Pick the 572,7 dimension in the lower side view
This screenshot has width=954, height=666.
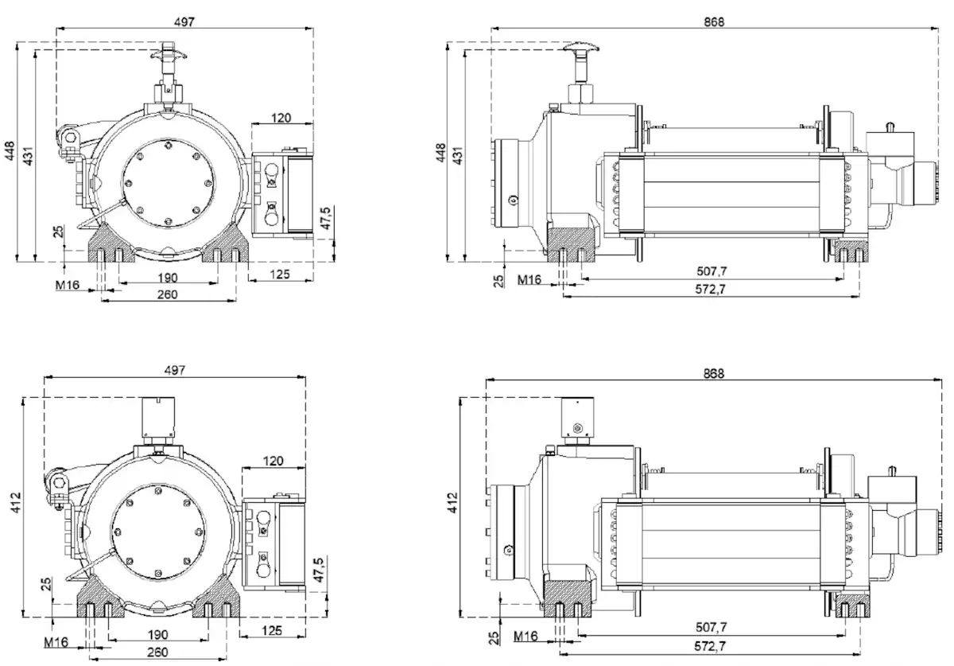click(710, 645)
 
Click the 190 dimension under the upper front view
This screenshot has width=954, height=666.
click(167, 278)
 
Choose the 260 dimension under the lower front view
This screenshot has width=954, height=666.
click(157, 652)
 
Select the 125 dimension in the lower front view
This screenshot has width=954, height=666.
click(271, 631)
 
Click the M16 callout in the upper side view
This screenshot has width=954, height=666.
click(529, 279)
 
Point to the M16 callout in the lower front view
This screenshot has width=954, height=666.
click(56, 642)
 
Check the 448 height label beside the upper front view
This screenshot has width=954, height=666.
click(10, 151)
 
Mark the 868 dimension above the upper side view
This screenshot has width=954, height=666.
click(714, 21)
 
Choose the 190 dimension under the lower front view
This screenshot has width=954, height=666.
click(157, 634)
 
